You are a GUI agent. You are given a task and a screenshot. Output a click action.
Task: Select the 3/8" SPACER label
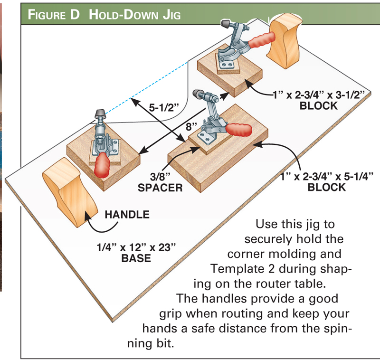click(x=160, y=181)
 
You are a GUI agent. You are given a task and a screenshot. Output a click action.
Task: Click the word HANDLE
click(x=127, y=215)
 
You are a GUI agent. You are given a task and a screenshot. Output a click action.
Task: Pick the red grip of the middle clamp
click(x=240, y=129)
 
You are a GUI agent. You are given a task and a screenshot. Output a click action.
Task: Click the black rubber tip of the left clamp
click(x=101, y=114)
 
